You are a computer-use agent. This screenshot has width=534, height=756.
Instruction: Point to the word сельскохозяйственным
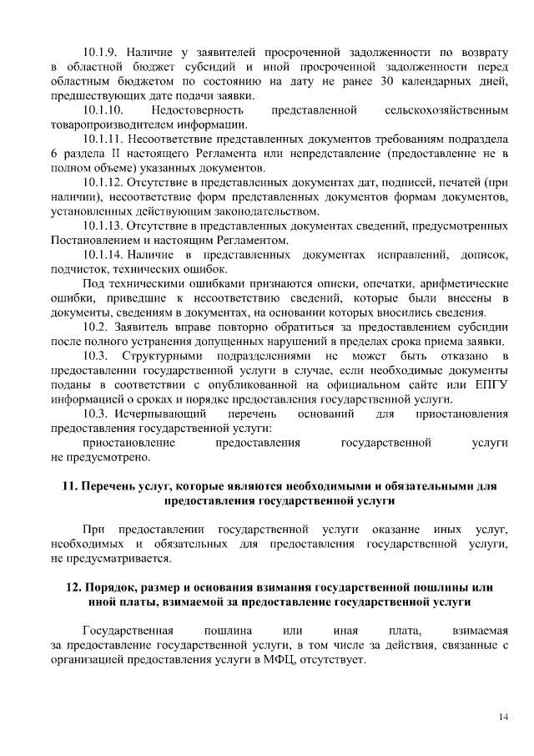[x=448, y=109]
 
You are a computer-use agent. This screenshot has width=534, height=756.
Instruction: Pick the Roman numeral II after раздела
[x=115, y=155]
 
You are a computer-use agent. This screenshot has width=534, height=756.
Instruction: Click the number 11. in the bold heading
[x=72, y=485]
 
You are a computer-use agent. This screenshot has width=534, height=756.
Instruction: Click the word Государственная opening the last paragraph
[x=128, y=631]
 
